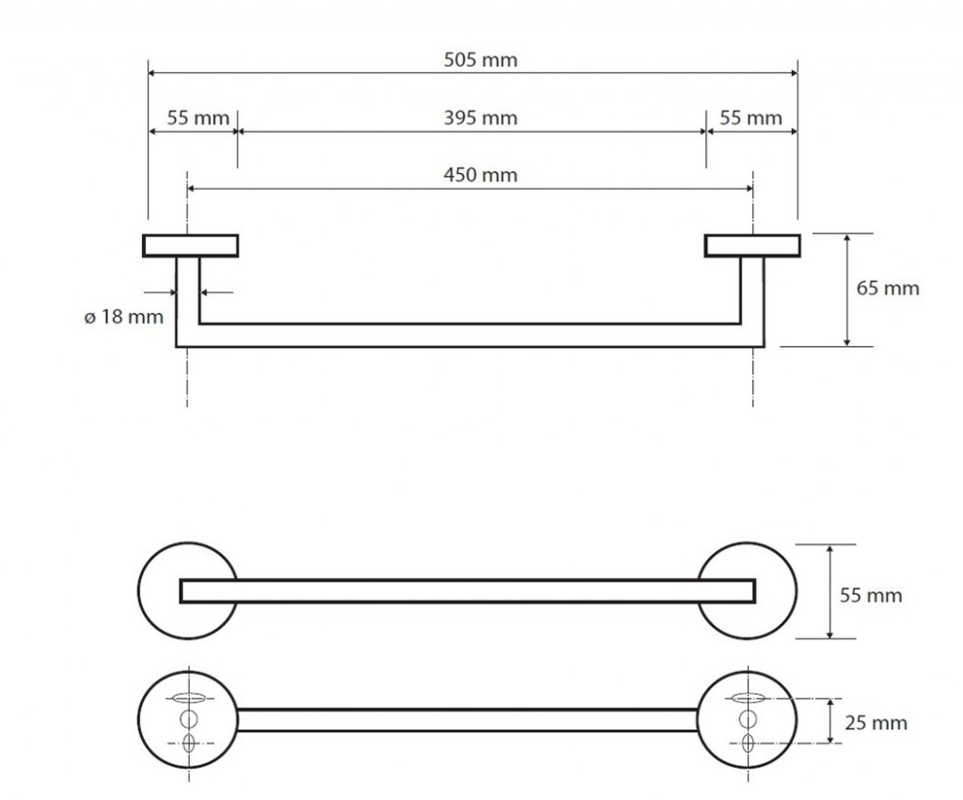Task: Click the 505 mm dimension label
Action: tap(480, 61)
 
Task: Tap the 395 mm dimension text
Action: tap(480, 118)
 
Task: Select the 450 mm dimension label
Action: tap(480, 175)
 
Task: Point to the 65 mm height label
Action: tap(887, 289)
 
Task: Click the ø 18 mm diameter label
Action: tap(123, 317)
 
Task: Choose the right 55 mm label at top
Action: tap(750, 118)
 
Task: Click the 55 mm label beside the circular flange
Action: tap(870, 595)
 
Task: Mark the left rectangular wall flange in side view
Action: tap(190, 245)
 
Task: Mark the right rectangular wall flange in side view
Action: tap(752, 245)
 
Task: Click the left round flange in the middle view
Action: tap(160, 590)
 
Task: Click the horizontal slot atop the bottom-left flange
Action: tap(188, 698)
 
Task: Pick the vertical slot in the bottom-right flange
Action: tap(749, 743)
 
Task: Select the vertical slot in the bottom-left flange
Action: tap(188, 743)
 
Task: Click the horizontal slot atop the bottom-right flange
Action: tap(749, 698)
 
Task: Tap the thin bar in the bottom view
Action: tap(467, 720)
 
